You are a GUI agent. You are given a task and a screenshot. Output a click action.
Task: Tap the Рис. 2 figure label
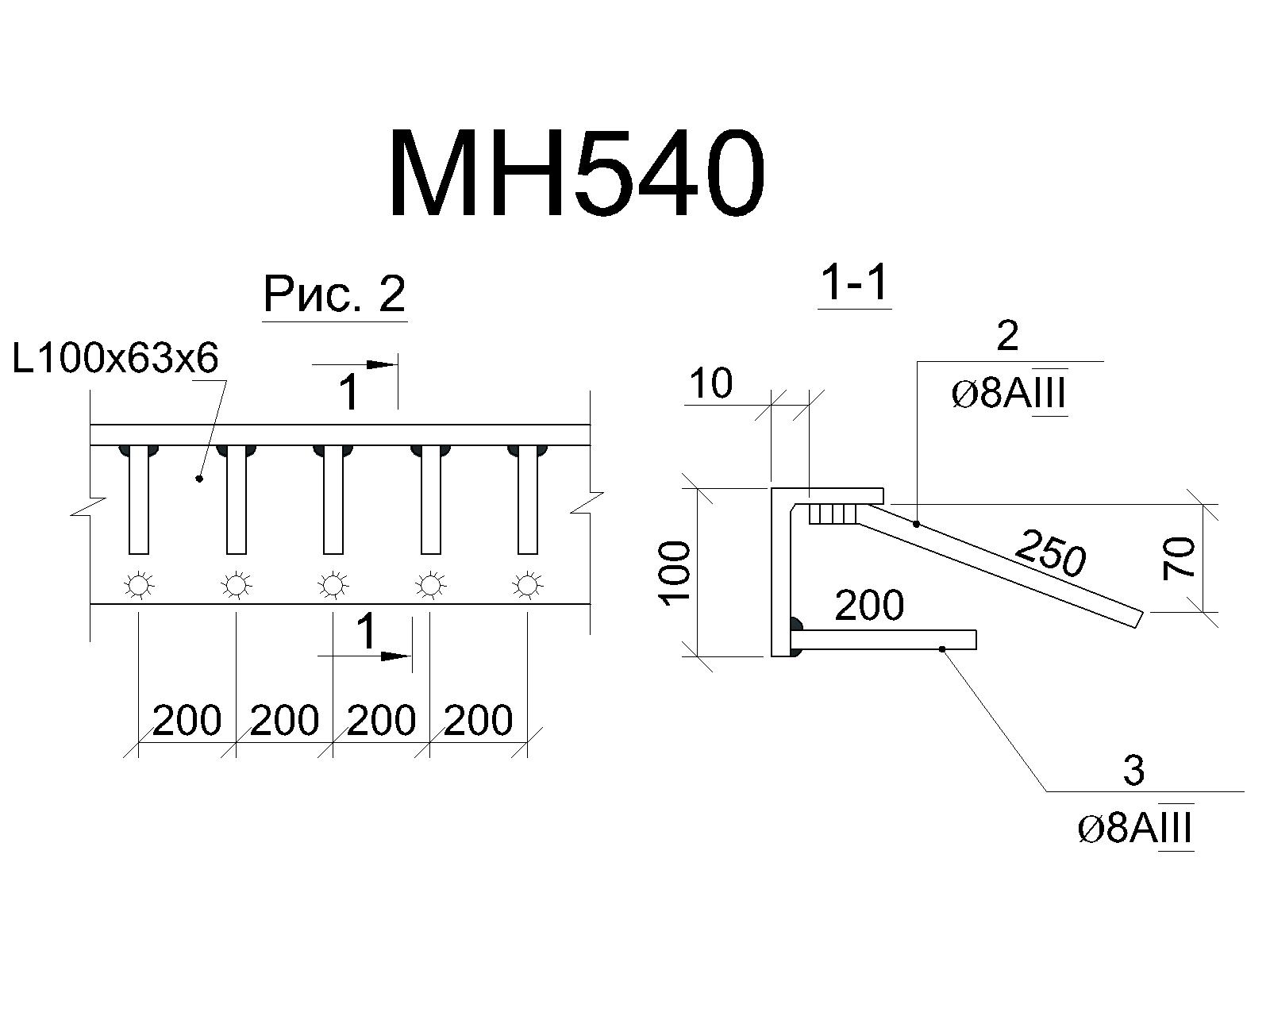click(334, 294)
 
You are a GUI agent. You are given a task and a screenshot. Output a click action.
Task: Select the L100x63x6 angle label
click(116, 358)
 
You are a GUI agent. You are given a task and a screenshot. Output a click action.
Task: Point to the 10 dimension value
click(711, 383)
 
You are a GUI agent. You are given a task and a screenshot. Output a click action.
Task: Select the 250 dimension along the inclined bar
click(1050, 552)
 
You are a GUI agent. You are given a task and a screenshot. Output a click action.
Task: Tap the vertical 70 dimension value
click(1180, 559)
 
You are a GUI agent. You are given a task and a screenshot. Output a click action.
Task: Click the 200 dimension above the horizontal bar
click(869, 604)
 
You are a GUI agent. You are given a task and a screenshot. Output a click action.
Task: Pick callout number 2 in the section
click(1006, 336)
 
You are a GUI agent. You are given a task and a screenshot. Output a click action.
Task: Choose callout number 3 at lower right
click(1133, 771)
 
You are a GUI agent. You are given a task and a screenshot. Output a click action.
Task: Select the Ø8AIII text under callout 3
click(1134, 828)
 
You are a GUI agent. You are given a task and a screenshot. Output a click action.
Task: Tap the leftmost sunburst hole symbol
click(139, 586)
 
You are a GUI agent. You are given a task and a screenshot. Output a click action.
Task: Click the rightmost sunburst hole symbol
click(527, 586)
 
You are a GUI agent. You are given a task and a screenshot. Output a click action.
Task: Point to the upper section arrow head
click(382, 364)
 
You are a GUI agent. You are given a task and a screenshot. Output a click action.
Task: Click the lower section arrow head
click(394, 656)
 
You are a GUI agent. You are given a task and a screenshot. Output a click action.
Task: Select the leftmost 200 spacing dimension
click(187, 720)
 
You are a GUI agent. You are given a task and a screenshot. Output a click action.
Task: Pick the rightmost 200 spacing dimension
click(478, 720)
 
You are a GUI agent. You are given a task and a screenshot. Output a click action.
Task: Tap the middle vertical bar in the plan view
click(333, 499)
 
